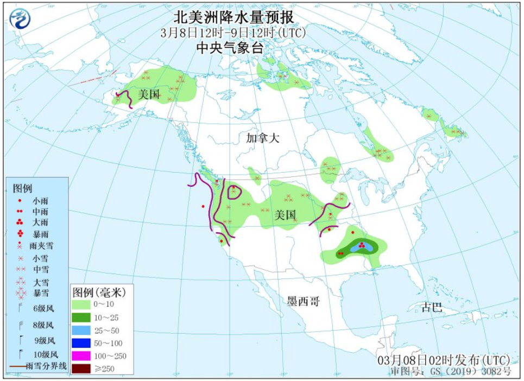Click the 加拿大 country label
click(262, 138)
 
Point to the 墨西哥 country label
click(304, 302)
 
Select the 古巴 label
click(432, 308)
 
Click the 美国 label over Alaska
click(149, 94)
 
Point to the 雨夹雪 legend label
click(43, 246)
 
